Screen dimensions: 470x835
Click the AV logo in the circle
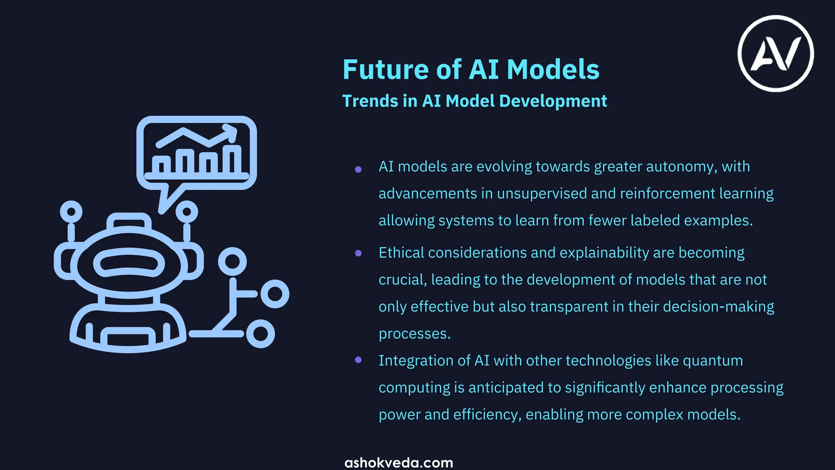coord(775,53)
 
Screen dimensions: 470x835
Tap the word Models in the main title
coord(553,69)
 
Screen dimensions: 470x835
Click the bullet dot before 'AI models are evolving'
coord(358,169)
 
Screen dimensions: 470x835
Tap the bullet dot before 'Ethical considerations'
coord(358,253)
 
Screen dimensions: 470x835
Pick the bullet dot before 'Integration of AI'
coord(358,360)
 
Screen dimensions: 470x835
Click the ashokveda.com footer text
coord(399,463)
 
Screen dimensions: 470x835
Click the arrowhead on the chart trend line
coord(232,131)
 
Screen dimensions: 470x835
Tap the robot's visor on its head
coord(129,264)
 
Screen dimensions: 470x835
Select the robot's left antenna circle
coord(71,212)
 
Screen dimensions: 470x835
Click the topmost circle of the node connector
coord(232,262)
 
